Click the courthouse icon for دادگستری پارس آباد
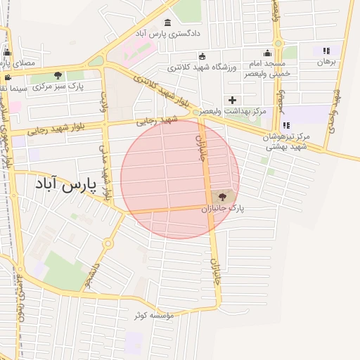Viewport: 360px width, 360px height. (x=167, y=22)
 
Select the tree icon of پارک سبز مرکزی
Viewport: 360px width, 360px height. (x=58, y=75)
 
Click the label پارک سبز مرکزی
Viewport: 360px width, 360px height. (x=58, y=86)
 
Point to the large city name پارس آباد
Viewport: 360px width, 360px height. (x=63, y=185)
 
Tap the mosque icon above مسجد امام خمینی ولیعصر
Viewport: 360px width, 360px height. (x=267, y=53)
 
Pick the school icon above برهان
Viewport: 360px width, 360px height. (x=326, y=51)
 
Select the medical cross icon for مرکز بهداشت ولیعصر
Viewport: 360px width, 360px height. (x=232, y=100)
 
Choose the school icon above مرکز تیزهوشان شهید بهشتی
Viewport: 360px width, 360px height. (x=285, y=125)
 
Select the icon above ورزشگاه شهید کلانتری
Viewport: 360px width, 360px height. (x=202, y=56)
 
